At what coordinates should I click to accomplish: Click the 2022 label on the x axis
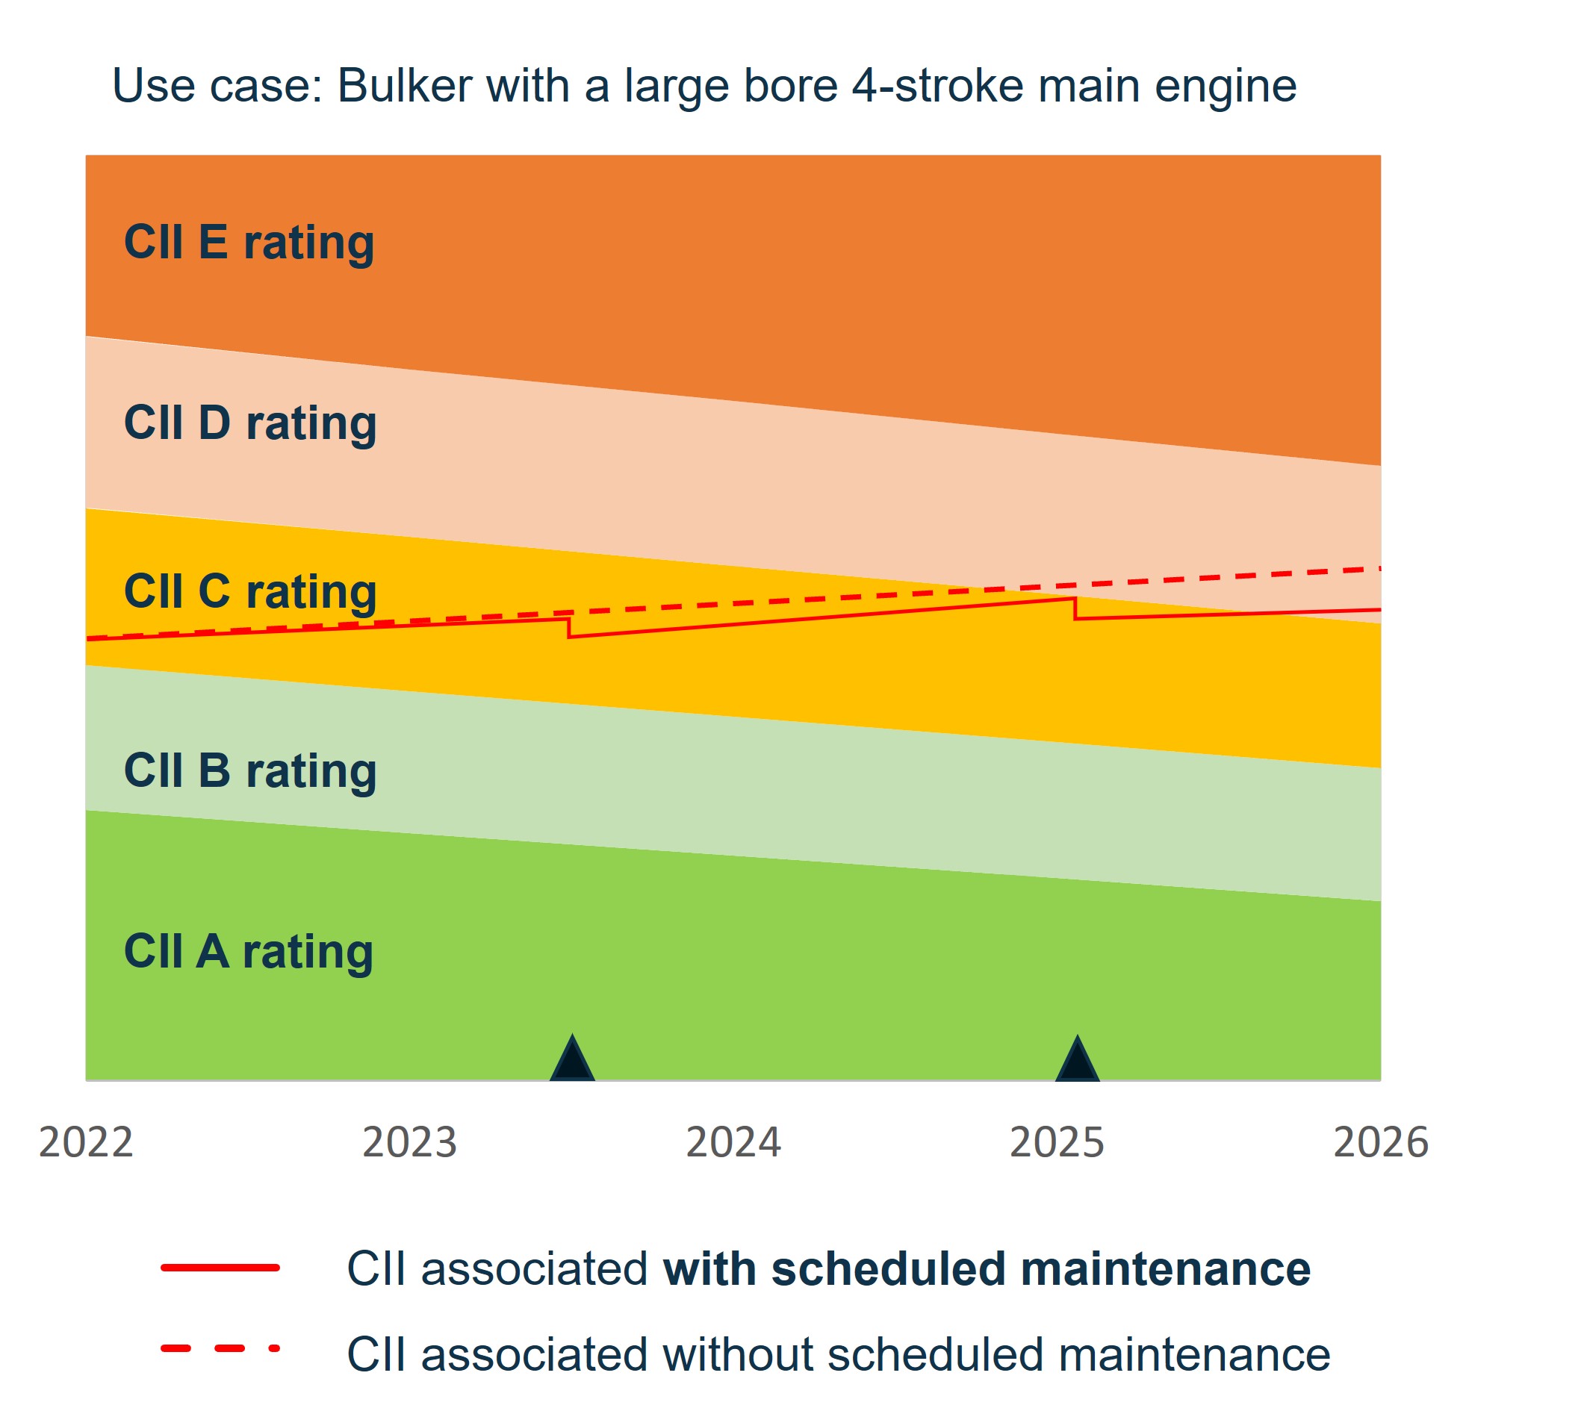point(86,1142)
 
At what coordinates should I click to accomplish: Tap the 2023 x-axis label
point(409,1142)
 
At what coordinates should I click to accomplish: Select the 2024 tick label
point(733,1142)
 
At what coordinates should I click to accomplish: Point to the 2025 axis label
point(1056,1142)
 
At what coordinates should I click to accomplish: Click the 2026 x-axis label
point(1380,1142)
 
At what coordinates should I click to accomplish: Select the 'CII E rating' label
point(249,243)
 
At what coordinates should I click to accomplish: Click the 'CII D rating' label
point(249,423)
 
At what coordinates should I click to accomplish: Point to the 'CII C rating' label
point(249,591)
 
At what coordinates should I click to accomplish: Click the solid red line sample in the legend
point(220,1268)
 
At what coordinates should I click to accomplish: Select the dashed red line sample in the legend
point(220,1348)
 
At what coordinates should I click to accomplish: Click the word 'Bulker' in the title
point(404,85)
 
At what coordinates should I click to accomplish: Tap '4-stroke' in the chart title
point(937,85)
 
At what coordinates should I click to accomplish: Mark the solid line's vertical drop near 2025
point(1075,608)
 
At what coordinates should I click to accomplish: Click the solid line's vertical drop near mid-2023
point(569,627)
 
